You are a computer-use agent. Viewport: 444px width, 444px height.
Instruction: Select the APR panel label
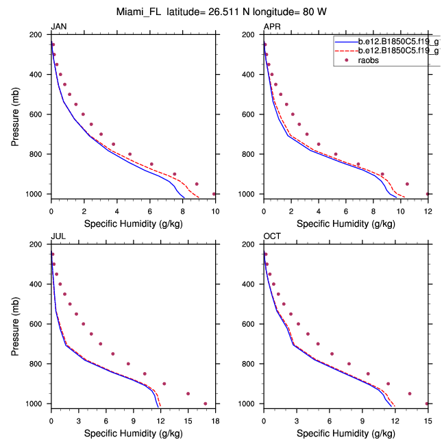coord(271,27)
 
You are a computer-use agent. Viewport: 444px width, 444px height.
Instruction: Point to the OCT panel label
coord(271,236)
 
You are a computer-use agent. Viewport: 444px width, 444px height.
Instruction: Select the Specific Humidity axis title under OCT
coord(345,433)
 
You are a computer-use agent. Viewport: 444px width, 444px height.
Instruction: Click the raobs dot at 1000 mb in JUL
coord(206,404)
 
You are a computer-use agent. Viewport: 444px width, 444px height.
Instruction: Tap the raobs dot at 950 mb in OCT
coord(410,394)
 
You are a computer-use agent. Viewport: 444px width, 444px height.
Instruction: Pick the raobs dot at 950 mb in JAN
coord(197,184)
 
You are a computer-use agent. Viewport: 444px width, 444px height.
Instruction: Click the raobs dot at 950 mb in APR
coord(407,184)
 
